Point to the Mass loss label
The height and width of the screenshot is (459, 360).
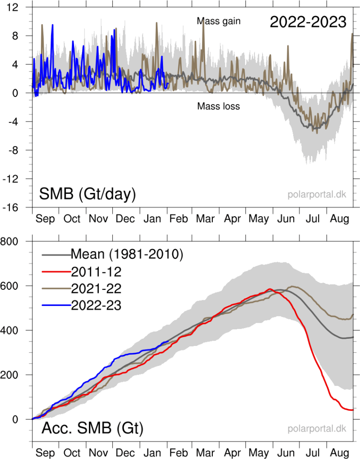tap(219, 106)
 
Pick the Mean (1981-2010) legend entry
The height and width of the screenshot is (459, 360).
tap(127, 254)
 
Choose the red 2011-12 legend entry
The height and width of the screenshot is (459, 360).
tap(96, 271)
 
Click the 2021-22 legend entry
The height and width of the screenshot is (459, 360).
tap(96, 288)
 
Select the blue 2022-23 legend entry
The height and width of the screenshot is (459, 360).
tap(96, 305)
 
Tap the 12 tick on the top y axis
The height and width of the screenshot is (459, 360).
tap(18, 7)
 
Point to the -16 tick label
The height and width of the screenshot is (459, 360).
tap(17, 207)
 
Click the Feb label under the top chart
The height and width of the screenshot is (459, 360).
tap(179, 219)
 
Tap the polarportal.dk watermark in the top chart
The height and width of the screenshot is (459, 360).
tap(317, 195)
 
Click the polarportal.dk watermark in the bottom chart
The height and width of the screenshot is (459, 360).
tap(317, 429)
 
